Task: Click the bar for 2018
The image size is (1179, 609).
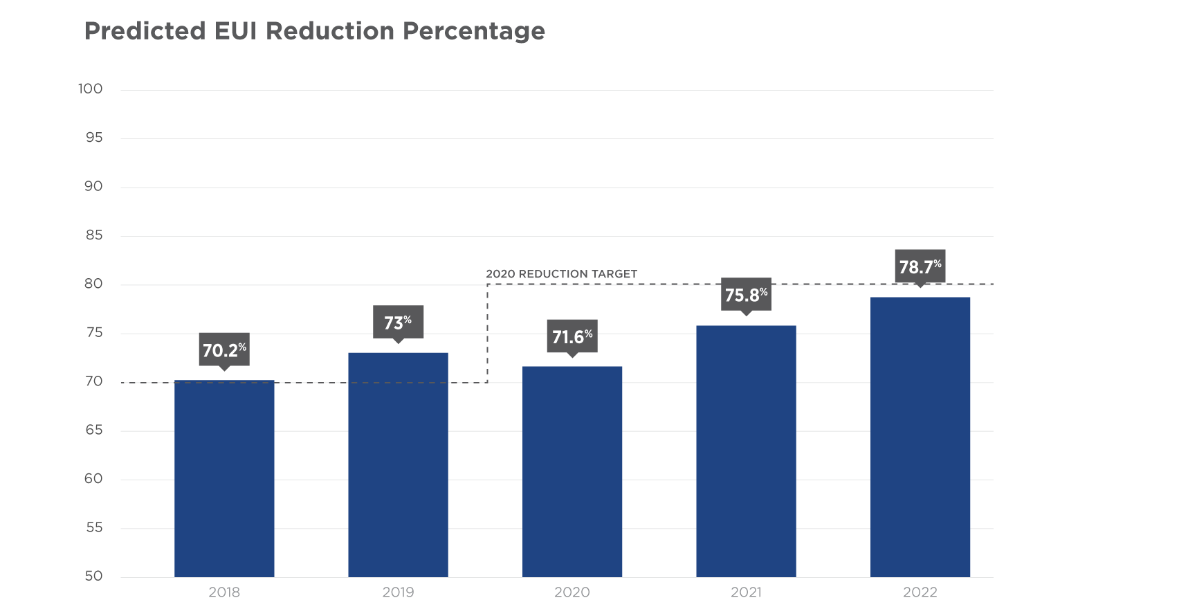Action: click(224, 478)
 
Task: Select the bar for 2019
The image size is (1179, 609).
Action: click(398, 464)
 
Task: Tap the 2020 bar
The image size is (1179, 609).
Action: click(572, 471)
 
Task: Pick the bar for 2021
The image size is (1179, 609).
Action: click(746, 451)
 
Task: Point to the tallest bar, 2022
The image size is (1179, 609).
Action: click(920, 437)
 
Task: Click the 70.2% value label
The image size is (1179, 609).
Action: click(224, 349)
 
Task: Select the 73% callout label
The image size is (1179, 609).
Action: click(398, 322)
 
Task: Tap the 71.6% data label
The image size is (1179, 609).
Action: click(572, 336)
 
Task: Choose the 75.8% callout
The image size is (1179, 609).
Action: click(746, 295)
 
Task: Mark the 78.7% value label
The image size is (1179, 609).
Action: click(920, 266)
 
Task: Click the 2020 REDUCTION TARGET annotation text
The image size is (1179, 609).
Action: click(561, 274)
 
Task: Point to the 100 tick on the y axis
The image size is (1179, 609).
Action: click(90, 89)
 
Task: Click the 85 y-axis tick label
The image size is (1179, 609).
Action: click(93, 235)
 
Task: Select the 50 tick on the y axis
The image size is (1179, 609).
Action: click(93, 576)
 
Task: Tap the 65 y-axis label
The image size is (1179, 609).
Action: click(93, 430)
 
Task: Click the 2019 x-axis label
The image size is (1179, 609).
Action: click(398, 592)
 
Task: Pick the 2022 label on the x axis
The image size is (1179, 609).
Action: click(920, 592)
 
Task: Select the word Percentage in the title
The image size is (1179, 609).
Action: click(474, 31)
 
